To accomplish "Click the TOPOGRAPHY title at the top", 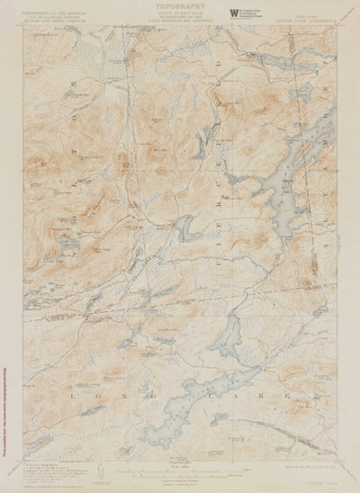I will click(177, 6).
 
